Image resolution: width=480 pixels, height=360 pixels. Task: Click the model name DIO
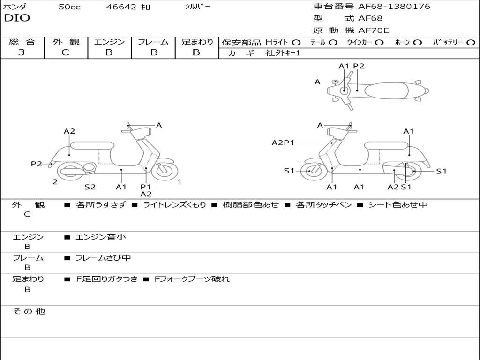pos(17,18)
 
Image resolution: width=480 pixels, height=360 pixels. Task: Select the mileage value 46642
pos(121,7)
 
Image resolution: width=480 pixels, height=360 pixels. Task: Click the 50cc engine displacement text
pos(69,7)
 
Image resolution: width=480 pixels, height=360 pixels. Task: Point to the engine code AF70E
pos(374,30)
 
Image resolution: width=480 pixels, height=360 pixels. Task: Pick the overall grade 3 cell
pos(22,52)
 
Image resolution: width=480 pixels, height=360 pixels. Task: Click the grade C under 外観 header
pos(66,52)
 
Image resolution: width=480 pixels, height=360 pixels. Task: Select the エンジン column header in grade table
pos(109,42)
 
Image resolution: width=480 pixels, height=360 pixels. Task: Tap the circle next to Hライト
pos(296,43)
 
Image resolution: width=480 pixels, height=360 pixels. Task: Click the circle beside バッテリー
pos(471,43)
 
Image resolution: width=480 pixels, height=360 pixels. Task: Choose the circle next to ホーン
pos(417,43)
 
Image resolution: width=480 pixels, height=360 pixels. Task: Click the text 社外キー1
pos(283,53)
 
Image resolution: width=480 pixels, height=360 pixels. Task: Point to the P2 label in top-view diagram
pos(359,66)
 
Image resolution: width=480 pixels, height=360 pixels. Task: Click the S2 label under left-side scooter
pos(90,187)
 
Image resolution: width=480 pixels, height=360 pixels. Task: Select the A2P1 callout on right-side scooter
pos(283,142)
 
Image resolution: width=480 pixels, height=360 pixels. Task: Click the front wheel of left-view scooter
pos(165,171)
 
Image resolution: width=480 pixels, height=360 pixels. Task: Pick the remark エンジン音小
pos(101,237)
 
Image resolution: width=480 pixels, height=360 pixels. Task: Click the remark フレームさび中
pos(103,258)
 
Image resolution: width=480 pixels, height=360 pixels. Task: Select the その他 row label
pos(29,311)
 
